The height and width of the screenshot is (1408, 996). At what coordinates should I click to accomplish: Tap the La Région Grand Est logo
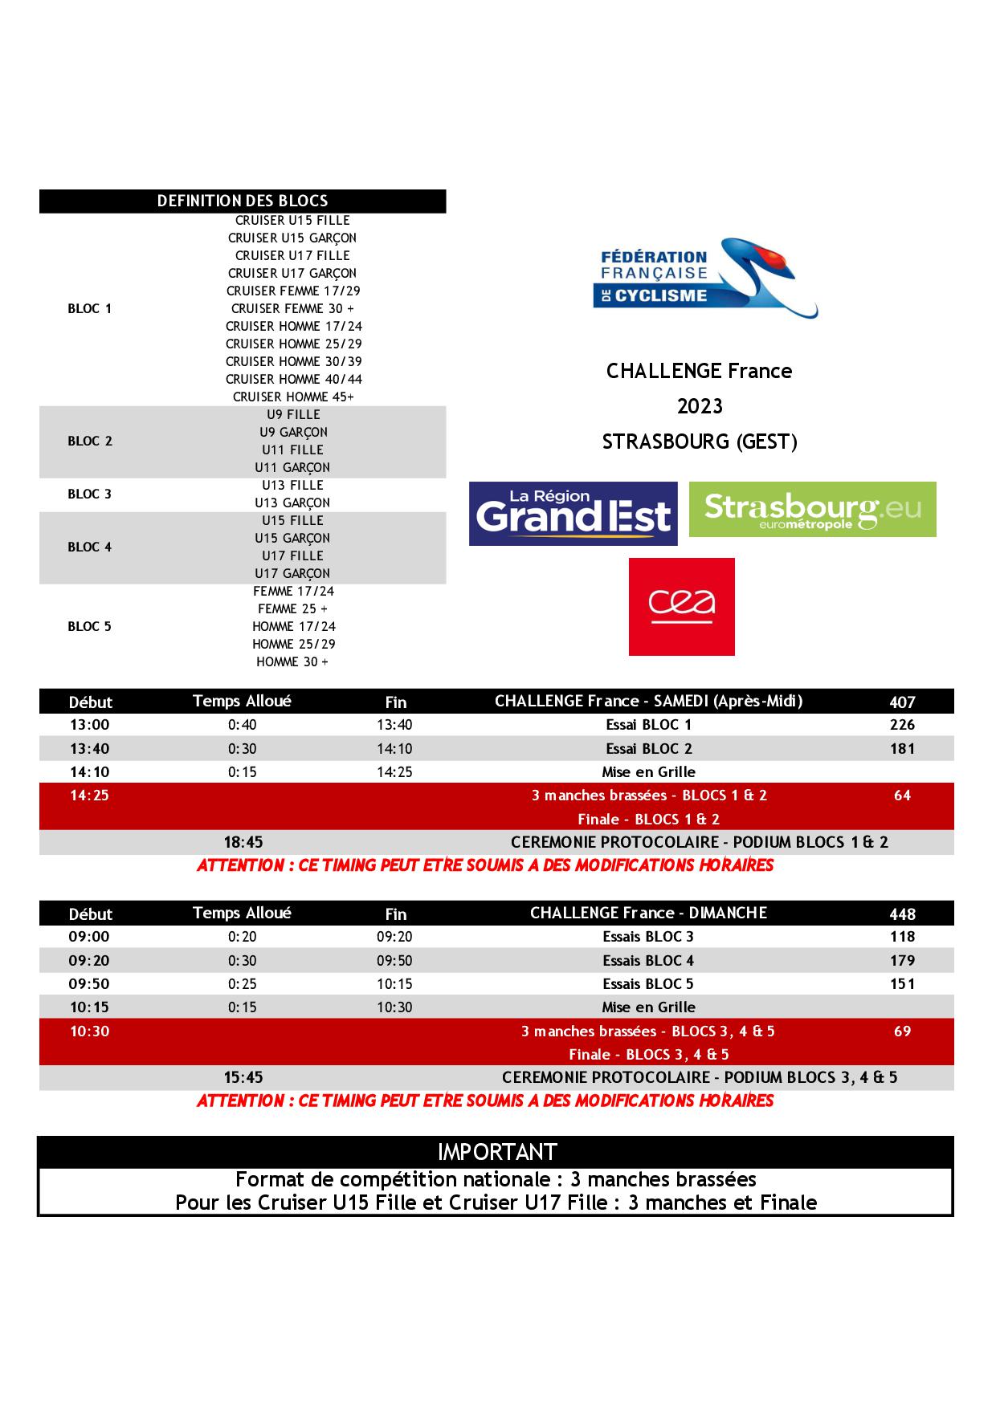(573, 513)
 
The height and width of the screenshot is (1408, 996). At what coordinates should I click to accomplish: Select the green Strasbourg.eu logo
(812, 509)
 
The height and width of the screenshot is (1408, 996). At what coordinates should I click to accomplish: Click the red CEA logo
(681, 606)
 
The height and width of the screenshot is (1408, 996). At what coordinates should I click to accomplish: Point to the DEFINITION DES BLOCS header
(243, 201)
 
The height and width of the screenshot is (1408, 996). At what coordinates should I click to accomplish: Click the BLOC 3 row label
(90, 494)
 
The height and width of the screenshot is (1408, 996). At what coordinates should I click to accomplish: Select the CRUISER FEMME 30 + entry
(292, 308)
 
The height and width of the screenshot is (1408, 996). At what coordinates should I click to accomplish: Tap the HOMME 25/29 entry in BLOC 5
(293, 644)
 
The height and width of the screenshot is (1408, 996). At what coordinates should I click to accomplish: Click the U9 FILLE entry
(293, 414)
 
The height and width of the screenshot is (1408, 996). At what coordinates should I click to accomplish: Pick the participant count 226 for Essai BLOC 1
(902, 725)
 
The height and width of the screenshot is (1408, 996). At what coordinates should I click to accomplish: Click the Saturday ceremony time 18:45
(243, 842)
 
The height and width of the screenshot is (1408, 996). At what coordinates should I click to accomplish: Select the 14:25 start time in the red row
(89, 796)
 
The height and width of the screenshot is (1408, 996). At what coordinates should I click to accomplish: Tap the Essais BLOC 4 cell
(648, 960)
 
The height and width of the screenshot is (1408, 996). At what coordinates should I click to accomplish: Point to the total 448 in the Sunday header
(902, 914)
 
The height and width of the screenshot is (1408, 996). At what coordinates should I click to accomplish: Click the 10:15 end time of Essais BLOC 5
(394, 983)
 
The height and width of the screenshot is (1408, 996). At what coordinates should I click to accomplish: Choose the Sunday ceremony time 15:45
(243, 1077)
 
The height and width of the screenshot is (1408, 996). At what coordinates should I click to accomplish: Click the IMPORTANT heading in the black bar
(497, 1152)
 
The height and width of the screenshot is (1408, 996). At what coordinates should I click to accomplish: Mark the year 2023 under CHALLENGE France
(700, 406)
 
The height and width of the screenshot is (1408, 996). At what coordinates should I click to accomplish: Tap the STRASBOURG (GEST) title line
(700, 442)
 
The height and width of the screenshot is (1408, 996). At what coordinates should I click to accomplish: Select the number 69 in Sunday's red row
(902, 1031)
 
